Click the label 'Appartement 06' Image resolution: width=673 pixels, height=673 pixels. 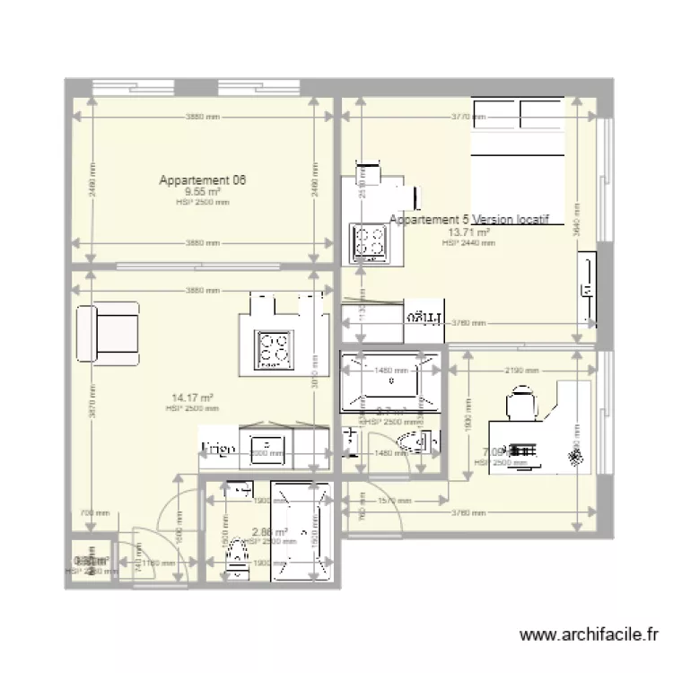tap(203, 180)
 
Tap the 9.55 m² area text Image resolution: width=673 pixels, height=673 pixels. tap(203, 191)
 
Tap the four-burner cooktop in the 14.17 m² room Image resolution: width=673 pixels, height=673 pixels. tap(273, 350)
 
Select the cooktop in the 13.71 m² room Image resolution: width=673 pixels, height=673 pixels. tap(369, 240)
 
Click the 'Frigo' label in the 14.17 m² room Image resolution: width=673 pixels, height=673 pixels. tap(218, 448)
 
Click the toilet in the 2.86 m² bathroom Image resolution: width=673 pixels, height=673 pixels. tap(235, 554)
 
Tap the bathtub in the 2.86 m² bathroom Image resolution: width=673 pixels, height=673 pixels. tap(301, 532)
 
